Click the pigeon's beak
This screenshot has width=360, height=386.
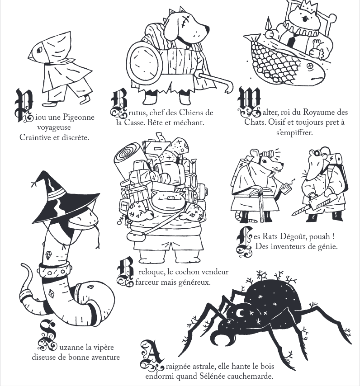pos(30,56)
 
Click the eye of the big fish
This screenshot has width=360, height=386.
pos(311,66)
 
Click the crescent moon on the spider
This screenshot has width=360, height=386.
pos(240,313)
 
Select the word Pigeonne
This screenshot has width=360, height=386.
pos(78,117)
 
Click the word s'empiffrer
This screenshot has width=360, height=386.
pos(294,133)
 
